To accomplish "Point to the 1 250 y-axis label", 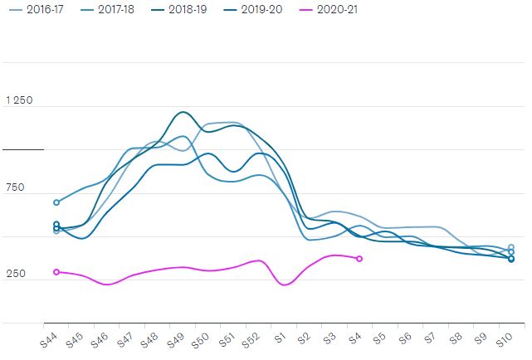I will [x=19, y=100].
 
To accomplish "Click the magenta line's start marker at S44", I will [x=56, y=272].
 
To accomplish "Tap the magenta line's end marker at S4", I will [x=359, y=259].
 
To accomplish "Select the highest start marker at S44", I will [x=56, y=202].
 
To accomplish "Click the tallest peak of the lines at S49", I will [x=183, y=112].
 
